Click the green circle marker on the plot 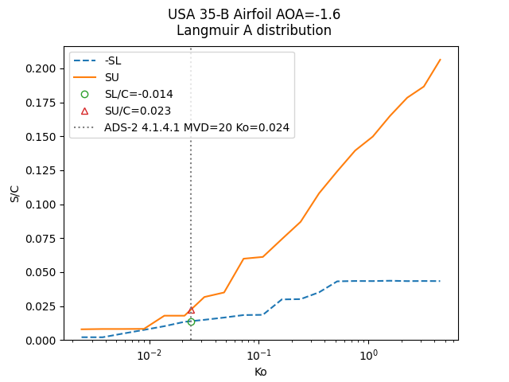click(x=191, y=322)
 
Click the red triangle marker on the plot click(x=191, y=310)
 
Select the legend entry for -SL click(x=113, y=61)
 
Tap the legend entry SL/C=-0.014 click(x=138, y=94)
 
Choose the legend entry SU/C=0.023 click(x=138, y=111)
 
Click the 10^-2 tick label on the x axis click(x=149, y=354)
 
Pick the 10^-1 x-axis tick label click(x=258, y=354)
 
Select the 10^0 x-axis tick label click(x=368, y=354)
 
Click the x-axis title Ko click(x=260, y=372)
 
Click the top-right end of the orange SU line click(x=440, y=60)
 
